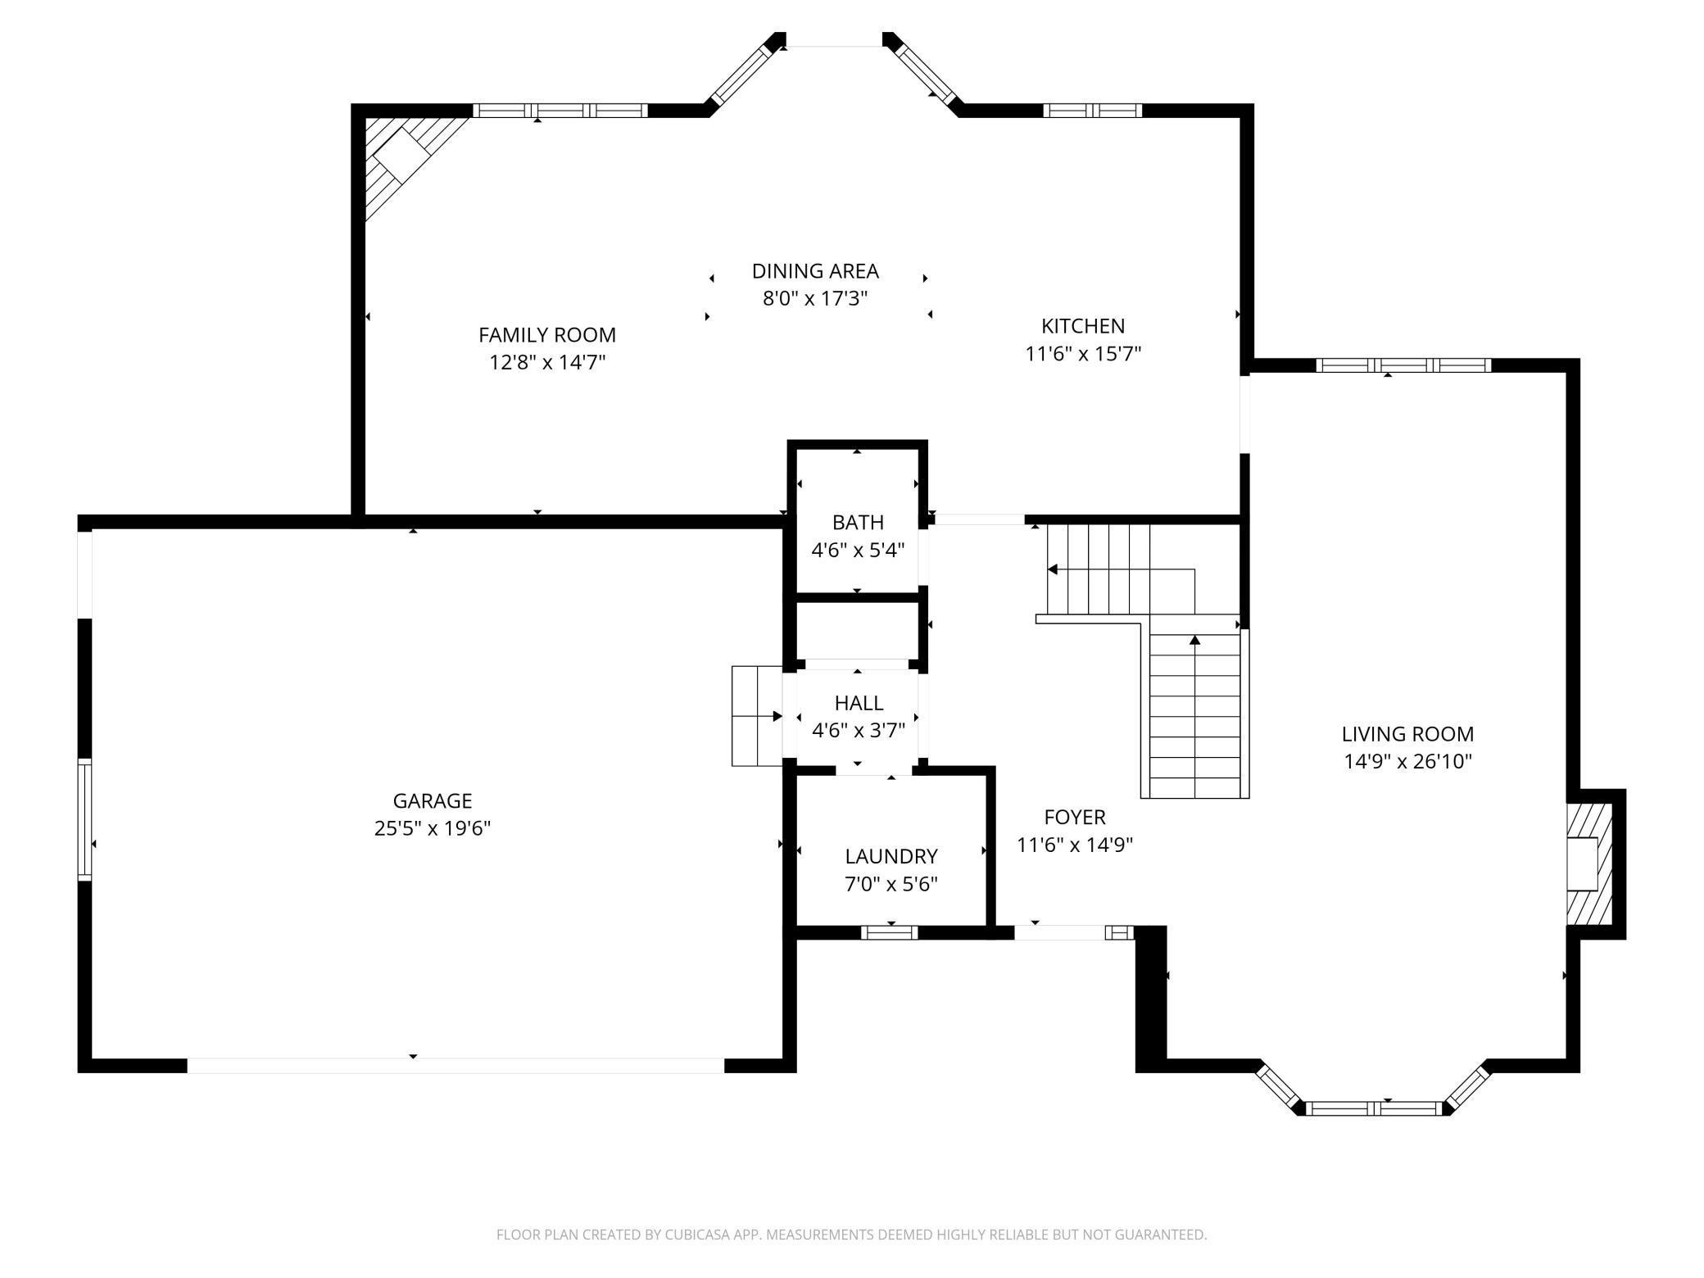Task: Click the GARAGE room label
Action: coord(432,800)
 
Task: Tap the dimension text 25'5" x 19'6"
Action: coord(432,828)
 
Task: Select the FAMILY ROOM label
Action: coord(546,334)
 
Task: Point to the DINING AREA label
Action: coord(815,270)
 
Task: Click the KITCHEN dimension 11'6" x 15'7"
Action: coord(1083,354)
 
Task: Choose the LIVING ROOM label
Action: coord(1407,734)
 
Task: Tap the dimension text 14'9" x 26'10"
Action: coord(1407,762)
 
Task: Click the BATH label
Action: coord(858,522)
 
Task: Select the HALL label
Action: coord(859,702)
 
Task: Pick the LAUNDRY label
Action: coord(891,856)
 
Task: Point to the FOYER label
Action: coord(1074,817)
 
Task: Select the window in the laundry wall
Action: coord(890,931)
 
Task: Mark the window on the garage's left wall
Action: coord(84,820)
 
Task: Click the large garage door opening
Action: coord(455,1065)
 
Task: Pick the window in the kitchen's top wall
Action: coord(1091,110)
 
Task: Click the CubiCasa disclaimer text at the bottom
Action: coord(851,1234)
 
